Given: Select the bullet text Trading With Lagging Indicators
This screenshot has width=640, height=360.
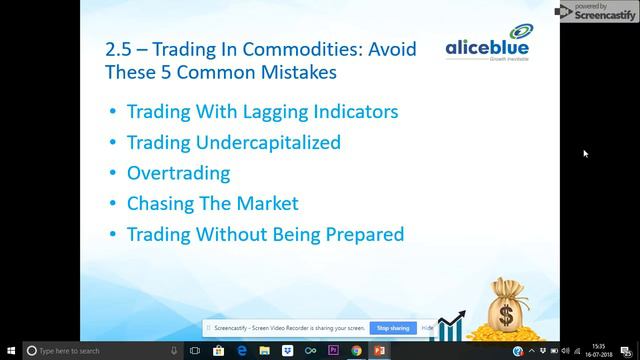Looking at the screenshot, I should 262,111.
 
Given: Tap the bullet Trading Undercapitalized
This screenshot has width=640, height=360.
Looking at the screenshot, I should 233,142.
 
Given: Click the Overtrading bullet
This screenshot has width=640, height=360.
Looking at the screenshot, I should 178,173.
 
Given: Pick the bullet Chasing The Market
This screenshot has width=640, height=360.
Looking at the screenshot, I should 212,204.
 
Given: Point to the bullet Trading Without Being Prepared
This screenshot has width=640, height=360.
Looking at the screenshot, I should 265,235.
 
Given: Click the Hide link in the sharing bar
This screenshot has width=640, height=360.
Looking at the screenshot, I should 427,328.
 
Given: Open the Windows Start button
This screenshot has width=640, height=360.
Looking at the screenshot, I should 9,351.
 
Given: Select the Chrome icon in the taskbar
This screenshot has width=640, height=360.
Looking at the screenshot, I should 356,351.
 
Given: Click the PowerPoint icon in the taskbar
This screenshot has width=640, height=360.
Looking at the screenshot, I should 381,351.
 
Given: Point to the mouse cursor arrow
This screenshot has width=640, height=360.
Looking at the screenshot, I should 585,153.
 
